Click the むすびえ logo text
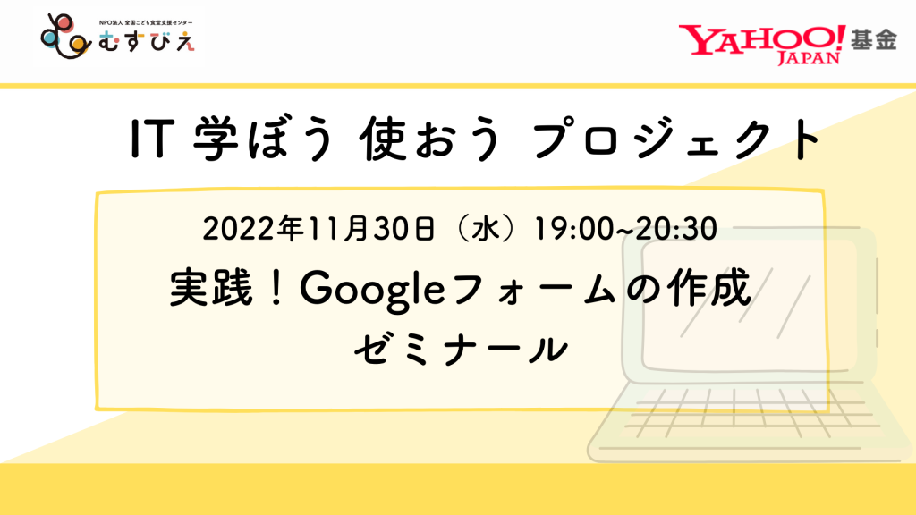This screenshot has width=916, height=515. [x=147, y=41]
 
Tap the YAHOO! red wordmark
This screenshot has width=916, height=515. [x=762, y=39]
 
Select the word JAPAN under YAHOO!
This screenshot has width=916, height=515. [x=809, y=58]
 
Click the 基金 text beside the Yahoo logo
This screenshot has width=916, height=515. [x=873, y=39]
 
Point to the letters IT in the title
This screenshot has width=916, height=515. [x=152, y=139]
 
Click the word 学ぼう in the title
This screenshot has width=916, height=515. [x=264, y=139]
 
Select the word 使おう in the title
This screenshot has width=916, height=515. [x=430, y=139]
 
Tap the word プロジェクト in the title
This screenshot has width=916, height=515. [x=676, y=139]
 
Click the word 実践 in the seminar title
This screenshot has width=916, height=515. [x=211, y=288]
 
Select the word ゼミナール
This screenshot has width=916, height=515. [x=461, y=350]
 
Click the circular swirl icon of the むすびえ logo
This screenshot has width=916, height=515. [x=65, y=36]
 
